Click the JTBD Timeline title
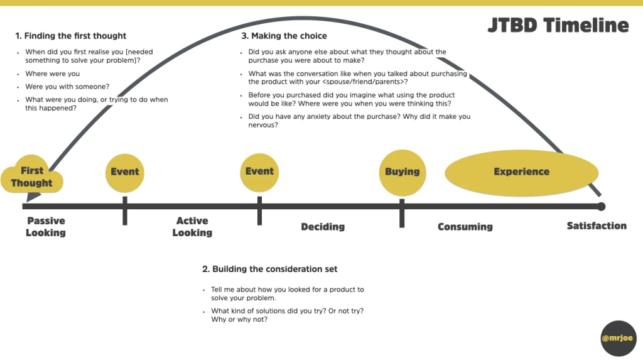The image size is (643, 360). click(x=558, y=25)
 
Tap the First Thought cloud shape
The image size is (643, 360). click(x=32, y=176)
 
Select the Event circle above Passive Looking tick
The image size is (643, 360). click(x=125, y=172)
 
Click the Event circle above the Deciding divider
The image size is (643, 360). click(x=259, y=172)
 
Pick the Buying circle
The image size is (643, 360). click(x=402, y=172)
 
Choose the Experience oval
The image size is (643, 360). click(x=521, y=172)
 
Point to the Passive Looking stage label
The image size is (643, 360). click(x=46, y=227)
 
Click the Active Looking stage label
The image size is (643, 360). click(x=192, y=227)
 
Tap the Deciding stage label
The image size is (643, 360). click(x=323, y=226)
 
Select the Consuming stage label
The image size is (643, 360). click(x=465, y=226)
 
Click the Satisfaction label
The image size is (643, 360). click(x=597, y=226)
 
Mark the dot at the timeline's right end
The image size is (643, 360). click(x=602, y=206)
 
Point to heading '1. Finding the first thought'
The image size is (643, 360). click(x=71, y=36)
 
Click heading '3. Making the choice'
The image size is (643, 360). click(x=284, y=36)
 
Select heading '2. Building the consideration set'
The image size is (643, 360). click(x=270, y=269)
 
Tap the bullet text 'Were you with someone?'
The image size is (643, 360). click(x=67, y=87)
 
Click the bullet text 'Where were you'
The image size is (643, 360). click(x=53, y=74)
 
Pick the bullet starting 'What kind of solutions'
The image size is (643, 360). click(x=287, y=315)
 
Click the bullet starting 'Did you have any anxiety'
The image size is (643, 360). click(x=359, y=121)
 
